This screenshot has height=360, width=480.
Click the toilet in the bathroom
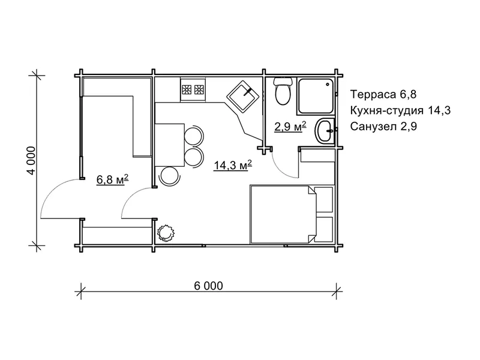(x=282, y=91)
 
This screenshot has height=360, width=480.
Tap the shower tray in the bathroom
(x=316, y=96)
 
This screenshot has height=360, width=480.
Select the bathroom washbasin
(x=325, y=131)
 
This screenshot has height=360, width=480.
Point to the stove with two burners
(x=193, y=89)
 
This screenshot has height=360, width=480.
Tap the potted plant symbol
(x=166, y=233)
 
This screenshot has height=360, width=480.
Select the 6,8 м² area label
(x=112, y=179)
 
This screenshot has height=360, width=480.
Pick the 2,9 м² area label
(x=290, y=126)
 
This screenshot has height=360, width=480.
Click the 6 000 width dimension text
(x=208, y=286)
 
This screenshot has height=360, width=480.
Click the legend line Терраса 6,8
(x=383, y=94)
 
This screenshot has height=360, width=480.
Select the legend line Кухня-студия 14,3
(x=400, y=110)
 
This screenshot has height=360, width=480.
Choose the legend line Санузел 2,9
(x=383, y=126)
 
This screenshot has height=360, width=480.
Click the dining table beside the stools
(x=170, y=145)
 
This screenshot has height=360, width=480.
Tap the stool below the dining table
(x=170, y=176)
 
